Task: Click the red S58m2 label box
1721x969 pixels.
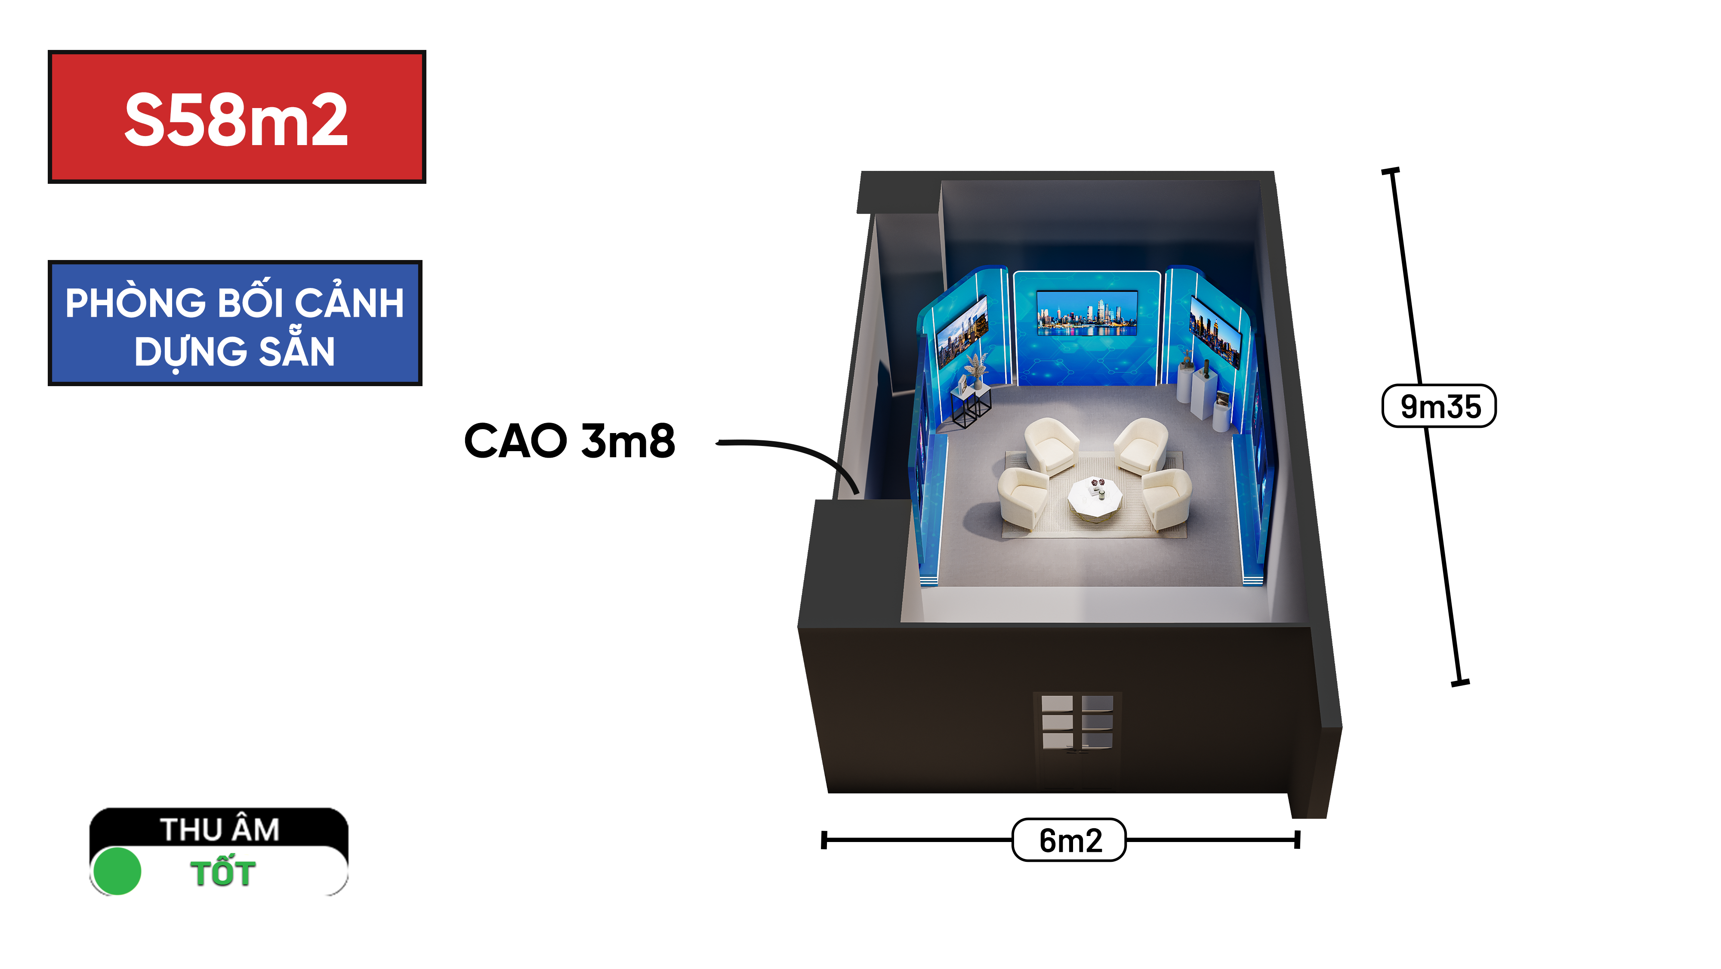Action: (x=237, y=117)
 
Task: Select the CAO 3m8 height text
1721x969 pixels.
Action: (x=569, y=441)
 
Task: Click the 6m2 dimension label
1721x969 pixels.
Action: (x=1070, y=840)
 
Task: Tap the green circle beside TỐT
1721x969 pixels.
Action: (x=117, y=871)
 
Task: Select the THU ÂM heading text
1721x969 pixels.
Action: (x=220, y=830)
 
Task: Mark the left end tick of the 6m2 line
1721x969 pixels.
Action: (x=824, y=840)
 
